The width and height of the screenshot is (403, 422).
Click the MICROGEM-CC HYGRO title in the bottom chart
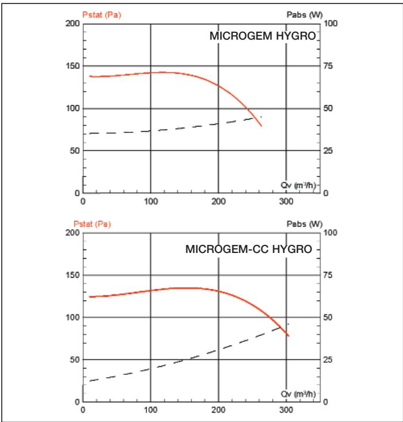[248, 251]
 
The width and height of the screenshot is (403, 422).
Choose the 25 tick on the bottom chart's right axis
[328, 359]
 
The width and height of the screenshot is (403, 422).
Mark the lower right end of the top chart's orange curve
[261, 125]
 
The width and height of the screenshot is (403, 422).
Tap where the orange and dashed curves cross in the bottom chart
[281, 327]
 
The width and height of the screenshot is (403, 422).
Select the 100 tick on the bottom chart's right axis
[330, 232]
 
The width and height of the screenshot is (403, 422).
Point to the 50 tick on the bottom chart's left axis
[74, 359]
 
